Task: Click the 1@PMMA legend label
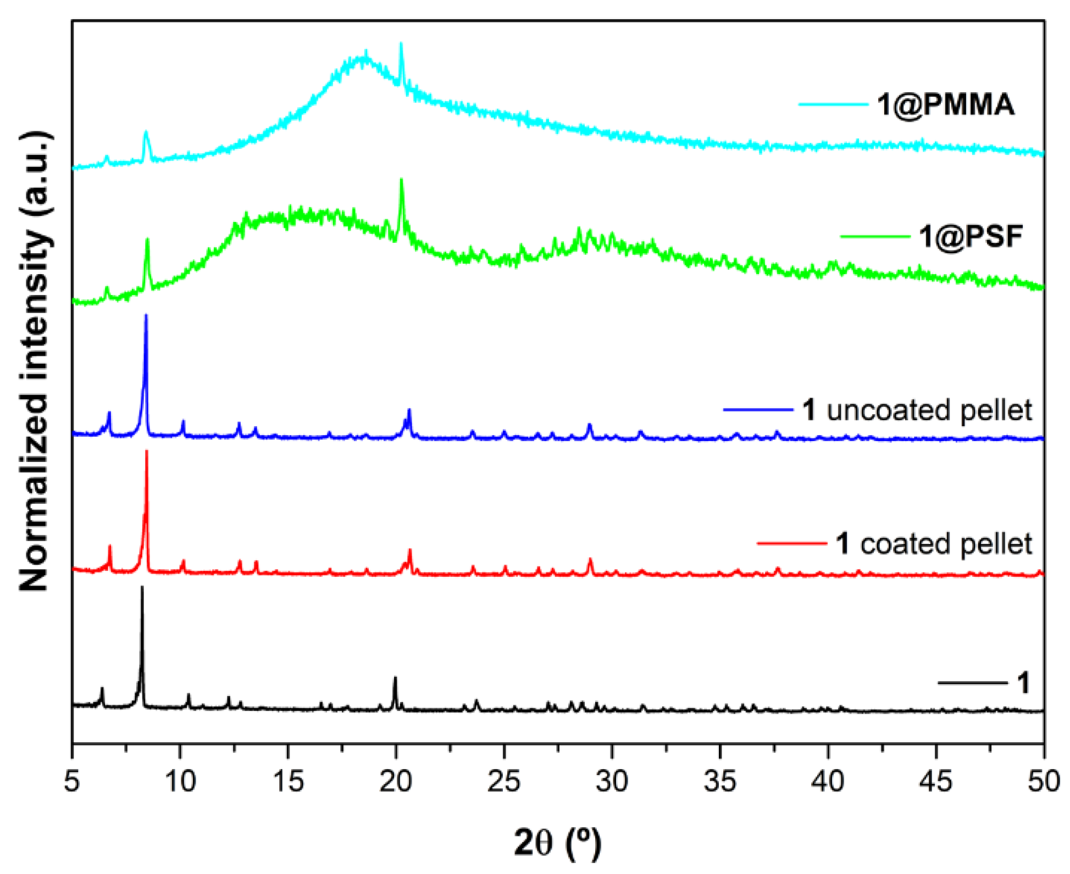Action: point(945,104)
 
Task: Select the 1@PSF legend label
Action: point(971,237)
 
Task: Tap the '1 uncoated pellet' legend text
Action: point(917,410)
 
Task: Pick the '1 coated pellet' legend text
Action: point(934,544)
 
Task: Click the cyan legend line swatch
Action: point(833,104)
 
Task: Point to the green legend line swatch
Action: point(875,237)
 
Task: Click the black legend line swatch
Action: point(972,683)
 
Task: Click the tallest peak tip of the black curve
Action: point(142,587)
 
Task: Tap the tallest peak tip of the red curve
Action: point(147,451)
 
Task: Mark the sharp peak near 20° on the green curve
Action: point(401,180)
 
